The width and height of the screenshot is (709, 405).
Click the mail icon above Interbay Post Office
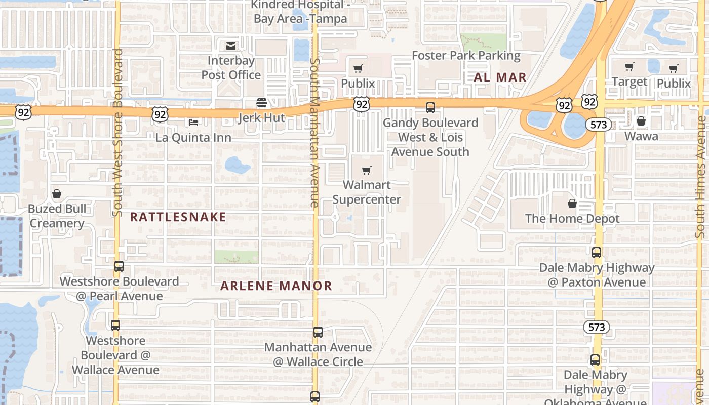point(231,47)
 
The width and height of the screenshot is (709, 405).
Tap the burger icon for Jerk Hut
point(262,103)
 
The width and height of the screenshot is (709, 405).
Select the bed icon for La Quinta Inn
point(193,122)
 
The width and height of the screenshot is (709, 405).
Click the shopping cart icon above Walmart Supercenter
point(367,170)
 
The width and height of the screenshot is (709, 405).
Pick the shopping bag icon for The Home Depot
point(572,204)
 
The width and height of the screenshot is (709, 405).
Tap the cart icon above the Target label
point(629,67)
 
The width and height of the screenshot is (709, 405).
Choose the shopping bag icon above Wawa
point(641,121)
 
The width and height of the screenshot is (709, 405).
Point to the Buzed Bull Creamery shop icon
point(56,194)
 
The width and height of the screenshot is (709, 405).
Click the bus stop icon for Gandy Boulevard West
point(430,107)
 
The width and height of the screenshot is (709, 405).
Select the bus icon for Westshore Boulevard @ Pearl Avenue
point(119,266)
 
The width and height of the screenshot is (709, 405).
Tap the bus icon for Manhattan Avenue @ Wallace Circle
point(318,332)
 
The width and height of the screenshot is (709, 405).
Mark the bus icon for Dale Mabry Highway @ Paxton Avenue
point(597,252)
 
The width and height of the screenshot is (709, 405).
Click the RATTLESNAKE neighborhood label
point(178,217)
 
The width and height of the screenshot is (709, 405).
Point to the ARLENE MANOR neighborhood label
point(276,286)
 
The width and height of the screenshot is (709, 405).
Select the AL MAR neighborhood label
point(500,77)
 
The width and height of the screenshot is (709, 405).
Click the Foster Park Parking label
point(466,55)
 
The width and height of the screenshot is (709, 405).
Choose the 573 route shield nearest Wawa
point(599,125)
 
